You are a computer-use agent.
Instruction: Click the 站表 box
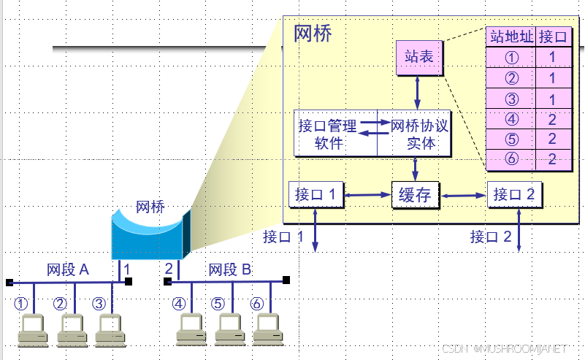[x=418, y=57]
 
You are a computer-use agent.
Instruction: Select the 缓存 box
[x=415, y=195]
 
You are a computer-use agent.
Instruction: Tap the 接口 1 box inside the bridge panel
[x=316, y=194]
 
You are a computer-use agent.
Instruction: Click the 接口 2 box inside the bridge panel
[x=514, y=194]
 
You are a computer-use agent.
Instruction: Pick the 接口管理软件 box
[x=335, y=134]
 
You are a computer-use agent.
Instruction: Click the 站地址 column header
[x=511, y=37]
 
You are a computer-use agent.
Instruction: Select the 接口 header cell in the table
[x=552, y=37]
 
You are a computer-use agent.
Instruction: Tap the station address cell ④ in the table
[x=511, y=119]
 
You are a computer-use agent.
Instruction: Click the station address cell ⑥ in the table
[x=511, y=159]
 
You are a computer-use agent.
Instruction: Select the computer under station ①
[x=32, y=330]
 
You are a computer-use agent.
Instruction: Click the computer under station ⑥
[x=267, y=330]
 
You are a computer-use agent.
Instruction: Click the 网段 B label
[x=230, y=269]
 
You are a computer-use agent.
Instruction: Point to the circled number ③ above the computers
[x=100, y=303]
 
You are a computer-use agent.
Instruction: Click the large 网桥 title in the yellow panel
[x=313, y=34]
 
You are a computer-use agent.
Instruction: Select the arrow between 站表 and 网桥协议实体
[x=418, y=93]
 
